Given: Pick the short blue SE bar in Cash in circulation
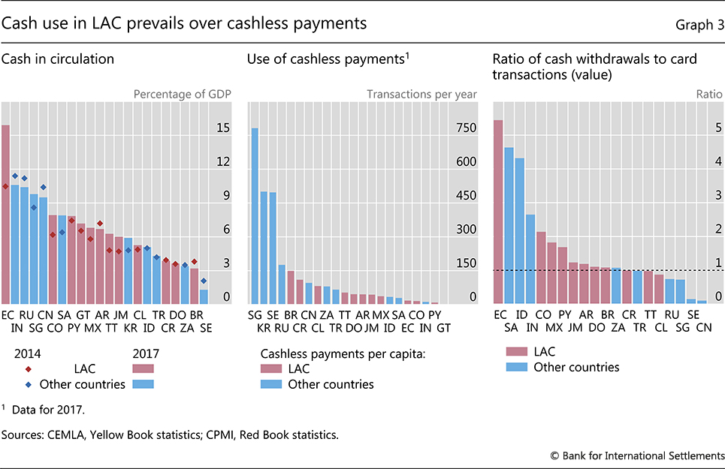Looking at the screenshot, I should [204, 296].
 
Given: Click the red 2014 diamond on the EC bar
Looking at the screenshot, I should [6, 186].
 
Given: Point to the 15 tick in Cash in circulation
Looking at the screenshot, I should [223, 128].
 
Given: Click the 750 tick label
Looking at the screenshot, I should [467, 128].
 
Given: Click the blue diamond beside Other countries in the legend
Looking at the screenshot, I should [28, 384].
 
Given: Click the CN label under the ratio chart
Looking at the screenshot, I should [702, 327].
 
